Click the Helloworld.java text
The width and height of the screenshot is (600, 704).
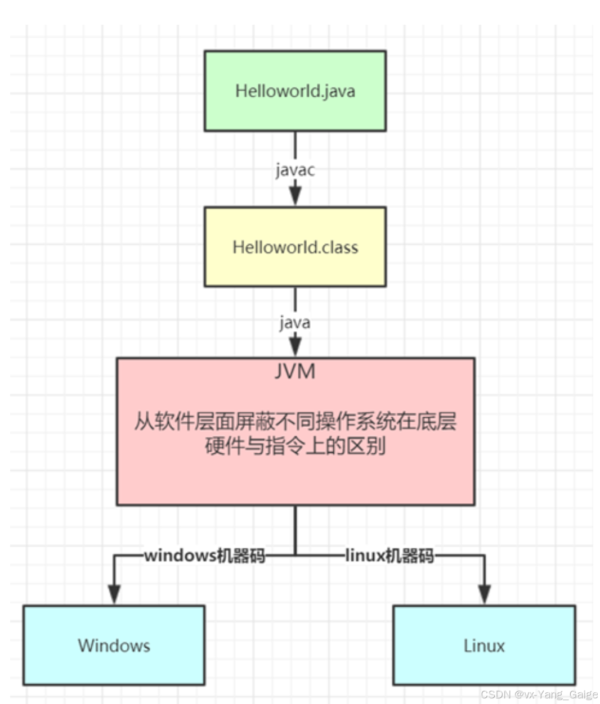click(295, 91)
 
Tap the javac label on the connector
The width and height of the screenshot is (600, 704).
click(295, 169)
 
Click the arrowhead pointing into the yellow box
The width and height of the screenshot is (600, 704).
click(295, 196)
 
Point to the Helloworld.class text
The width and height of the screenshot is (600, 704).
click(295, 247)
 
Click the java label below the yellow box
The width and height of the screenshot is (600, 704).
click(295, 323)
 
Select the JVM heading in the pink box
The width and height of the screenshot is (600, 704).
click(295, 372)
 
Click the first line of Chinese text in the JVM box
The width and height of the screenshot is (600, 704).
click(295, 421)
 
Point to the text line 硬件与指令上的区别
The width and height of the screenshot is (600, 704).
click(295, 446)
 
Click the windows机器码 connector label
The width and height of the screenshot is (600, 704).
click(204, 556)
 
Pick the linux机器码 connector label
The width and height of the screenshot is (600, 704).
click(389, 556)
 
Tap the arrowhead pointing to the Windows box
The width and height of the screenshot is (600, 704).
click(114, 594)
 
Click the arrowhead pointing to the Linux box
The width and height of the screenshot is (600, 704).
click(484, 594)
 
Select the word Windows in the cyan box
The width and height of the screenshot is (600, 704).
click(114, 646)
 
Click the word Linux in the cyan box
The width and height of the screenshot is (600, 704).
click(484, 646)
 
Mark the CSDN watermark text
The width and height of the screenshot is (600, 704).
click(539, 694)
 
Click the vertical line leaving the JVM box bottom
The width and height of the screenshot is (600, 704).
click(295, 529)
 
